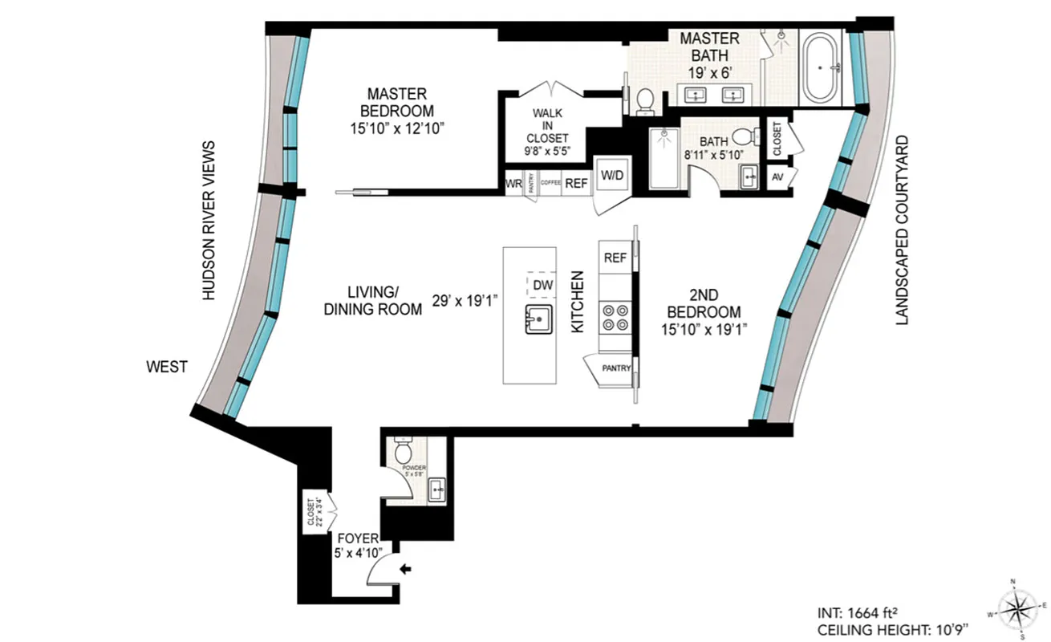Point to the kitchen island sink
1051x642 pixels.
coord(539,319)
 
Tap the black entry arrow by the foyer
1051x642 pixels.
coord(407,569)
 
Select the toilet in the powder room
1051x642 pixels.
coord(403,453)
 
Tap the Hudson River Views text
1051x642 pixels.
coord(209,221)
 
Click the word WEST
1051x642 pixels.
coord(166,367)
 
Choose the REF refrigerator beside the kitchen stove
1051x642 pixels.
coord(615,258)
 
